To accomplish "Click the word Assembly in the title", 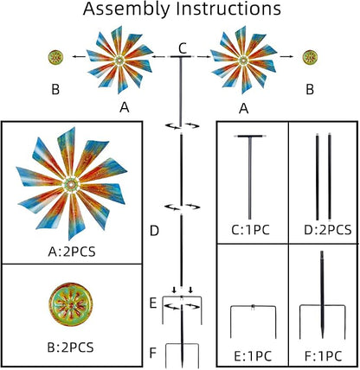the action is (126, 10).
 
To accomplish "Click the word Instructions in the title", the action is (228, 9).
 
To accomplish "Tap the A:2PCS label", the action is (72, 252).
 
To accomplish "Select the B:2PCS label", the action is (70, 348).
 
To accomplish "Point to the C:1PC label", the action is (250, 230).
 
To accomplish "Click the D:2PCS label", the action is (328, 230).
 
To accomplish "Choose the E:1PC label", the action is (253, 356).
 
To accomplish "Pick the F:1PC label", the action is (323, 356).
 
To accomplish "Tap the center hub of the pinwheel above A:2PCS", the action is (71, 183).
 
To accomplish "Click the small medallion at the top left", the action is (55, 57).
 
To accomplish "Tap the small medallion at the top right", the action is (310, 57).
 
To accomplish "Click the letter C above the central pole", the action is (183, 48).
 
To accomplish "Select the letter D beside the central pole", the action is (155, 231).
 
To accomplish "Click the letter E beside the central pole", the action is (153, 303).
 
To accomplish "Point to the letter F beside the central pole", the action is (153, 353).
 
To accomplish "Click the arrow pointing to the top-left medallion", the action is (79, 57).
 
